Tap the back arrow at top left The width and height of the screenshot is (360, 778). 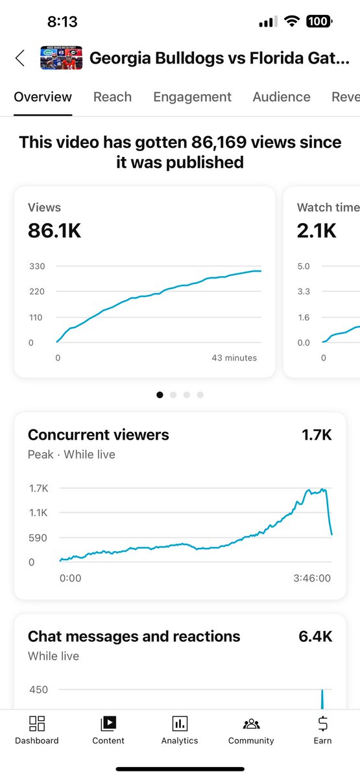pyautogui.click(x=20, y=58)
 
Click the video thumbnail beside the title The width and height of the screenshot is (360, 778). pyautogui.click(x=60, y=58)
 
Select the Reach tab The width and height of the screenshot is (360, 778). pyautogui.click(x=112, y=97)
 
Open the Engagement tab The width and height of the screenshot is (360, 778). pyautogui.click(x=192, y=97)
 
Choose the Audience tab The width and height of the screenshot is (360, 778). pyautogui.click(x=281, y=97)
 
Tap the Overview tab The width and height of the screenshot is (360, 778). pyautogui.click(x=43, y=97)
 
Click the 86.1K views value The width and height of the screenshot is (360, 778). pyautogui.click(x=54, y=231)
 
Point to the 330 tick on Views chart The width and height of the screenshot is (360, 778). pyautogui.click(x=36, y=266)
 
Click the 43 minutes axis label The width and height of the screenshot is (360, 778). pyautogui.click(x=234, y=358)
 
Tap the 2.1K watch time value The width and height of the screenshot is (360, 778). pyautogui.click(x=317, y=231)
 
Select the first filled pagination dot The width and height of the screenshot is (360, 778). pyautogui.click(x=160, y=394)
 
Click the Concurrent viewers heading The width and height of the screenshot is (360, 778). pyautogui.click(x=98, y=435)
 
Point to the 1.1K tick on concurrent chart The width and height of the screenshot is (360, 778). pyautogui.click(x=38, y=513)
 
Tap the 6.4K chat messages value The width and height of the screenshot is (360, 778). pyautogui.click(x=315, y=637)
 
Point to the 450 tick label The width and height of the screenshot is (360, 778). pyautogui.click(x=38, y=689)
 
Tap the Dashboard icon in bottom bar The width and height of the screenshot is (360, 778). pyautogui.click(x=37, y=724)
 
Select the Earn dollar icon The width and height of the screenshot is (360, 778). pyautogui.click(x=322, y=724)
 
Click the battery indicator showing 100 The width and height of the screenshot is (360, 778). pyautogui.click(x=318, y=22)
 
